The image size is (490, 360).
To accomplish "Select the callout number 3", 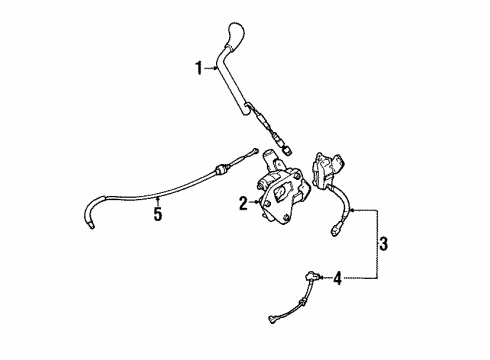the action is [x=384, y=242].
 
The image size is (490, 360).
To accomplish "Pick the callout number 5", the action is [x=157, y=213].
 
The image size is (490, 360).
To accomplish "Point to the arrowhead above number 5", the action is [x=157, y=198].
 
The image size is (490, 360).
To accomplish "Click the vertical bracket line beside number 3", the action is [x=376, y=242].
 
